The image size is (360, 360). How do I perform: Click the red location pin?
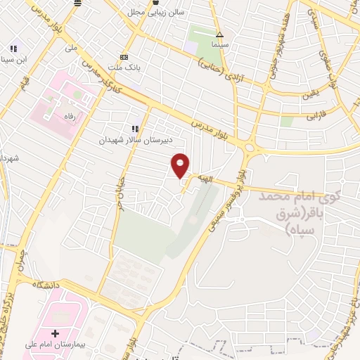181,165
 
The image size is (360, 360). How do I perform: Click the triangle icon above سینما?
220,34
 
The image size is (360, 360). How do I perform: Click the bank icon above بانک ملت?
124,57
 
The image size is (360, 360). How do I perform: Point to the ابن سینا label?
13,59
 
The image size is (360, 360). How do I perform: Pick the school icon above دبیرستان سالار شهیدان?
134,129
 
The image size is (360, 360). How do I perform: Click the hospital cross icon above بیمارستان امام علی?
56,332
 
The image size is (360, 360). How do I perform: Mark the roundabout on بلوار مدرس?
250,146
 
